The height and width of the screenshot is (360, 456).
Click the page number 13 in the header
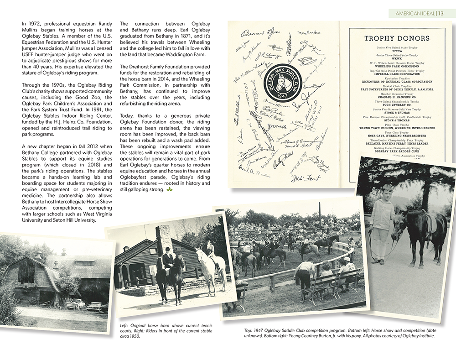tap(440, 13)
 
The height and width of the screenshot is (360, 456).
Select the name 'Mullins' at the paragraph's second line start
tap(31, 30)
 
